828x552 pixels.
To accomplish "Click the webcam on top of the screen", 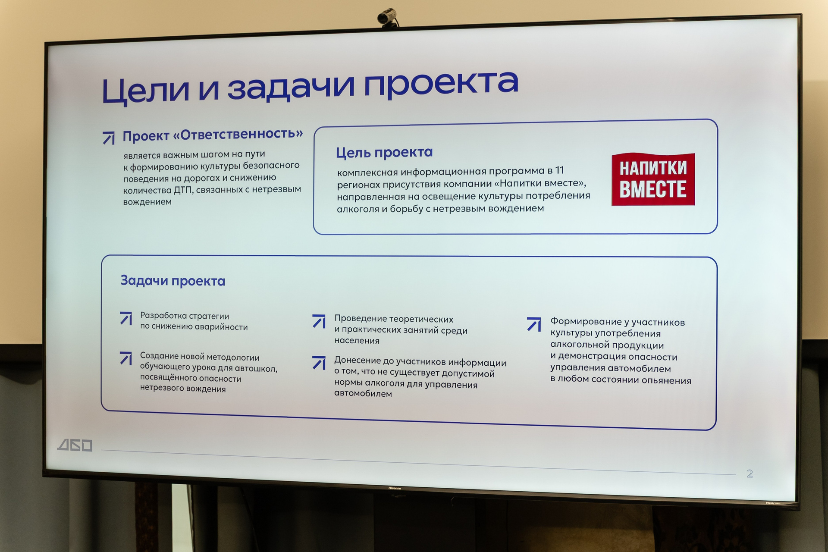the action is point(388,18).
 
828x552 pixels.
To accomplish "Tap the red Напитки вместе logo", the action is point(653,179).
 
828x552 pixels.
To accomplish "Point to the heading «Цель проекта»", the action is point(384,152).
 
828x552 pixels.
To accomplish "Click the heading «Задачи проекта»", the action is point(173,281).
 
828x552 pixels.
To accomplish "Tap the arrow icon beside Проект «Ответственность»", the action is point(109,138).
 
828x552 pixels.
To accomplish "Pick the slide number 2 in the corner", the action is point(750,474).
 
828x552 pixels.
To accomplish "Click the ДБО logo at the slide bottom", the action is point(75,445).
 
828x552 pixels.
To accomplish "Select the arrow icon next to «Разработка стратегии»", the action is point(126,318).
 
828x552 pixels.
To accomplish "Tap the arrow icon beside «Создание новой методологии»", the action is point(126,358).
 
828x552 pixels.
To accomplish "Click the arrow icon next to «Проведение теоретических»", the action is point(319,321).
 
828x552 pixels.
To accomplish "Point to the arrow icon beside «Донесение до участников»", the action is point(319,363).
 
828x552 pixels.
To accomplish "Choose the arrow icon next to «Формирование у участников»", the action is point(534,324).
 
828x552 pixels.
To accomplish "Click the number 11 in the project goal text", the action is point(559,170).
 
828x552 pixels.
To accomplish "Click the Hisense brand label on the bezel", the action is point(395,488).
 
